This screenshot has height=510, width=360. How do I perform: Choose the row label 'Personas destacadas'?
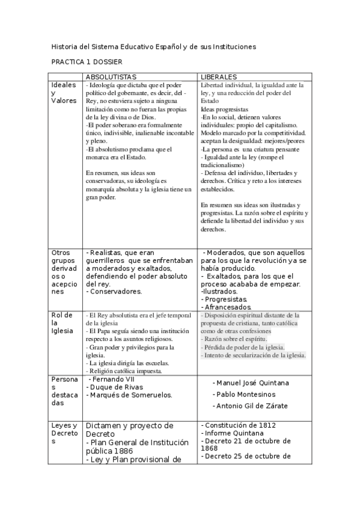[64, 394]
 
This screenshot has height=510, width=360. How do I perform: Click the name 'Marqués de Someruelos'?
[129, 395]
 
